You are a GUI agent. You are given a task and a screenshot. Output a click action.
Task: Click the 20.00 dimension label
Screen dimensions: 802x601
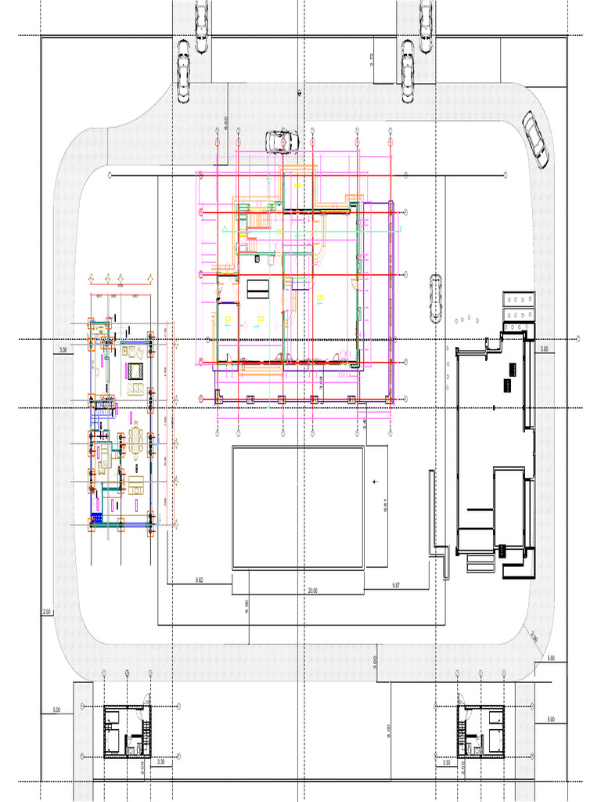(313, 590)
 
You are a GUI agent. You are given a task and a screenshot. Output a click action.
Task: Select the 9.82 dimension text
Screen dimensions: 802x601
(200, 580)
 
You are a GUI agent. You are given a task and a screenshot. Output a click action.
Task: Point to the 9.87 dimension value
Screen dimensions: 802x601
(396, 584)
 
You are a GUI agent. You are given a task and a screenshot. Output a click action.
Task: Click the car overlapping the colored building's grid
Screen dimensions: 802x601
(282, 141)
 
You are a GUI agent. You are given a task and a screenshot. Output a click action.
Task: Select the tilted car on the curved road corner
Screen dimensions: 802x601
(535, 139)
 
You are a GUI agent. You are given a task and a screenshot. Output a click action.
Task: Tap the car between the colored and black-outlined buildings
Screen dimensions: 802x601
(435, 299)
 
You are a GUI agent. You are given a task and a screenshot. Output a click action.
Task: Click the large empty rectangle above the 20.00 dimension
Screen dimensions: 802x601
(297, 508)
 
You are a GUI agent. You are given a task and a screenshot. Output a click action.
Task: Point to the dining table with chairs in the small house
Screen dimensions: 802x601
(137, 440)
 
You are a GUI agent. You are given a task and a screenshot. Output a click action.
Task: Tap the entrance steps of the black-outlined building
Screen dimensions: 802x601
(475, 562)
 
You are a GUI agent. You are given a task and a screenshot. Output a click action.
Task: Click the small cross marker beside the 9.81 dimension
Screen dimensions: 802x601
(376, 480)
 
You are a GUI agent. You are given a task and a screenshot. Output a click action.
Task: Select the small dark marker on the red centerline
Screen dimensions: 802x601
(299, 92)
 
